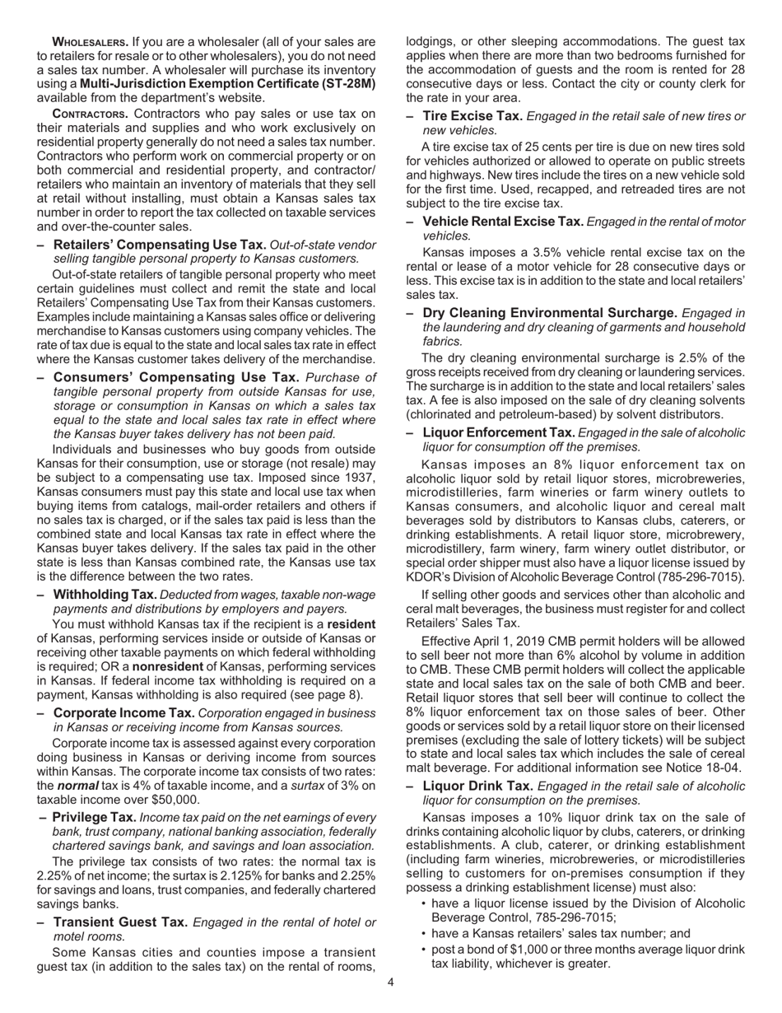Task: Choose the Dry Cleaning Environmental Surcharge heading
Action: click(550, 313)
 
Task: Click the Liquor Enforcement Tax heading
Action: click(498, 432)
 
